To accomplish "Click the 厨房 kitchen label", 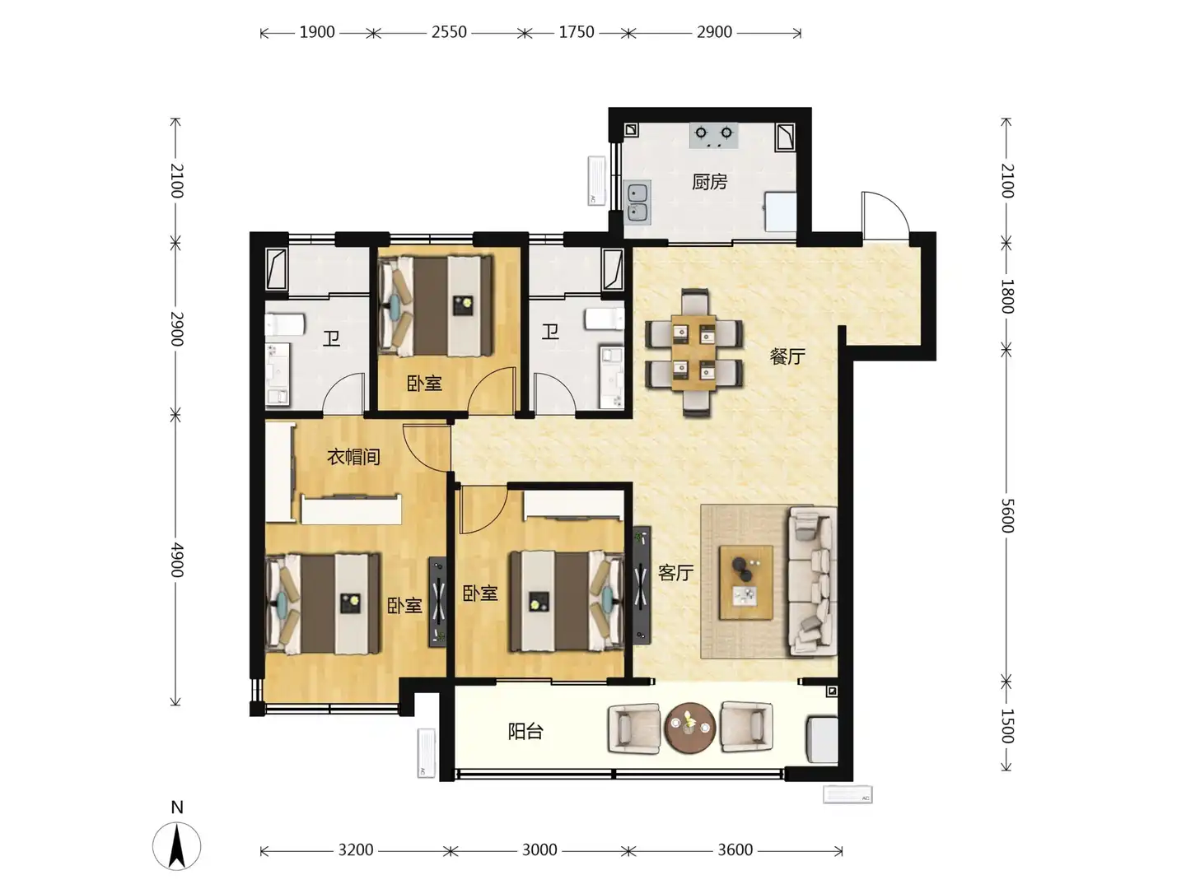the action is [709, 182].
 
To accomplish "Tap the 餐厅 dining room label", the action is [787, 356].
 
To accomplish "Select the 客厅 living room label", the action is [675, 572].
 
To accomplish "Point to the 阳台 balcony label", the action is [525, 732].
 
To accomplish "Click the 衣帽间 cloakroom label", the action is [353, 457].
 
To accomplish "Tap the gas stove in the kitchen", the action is [713, 135].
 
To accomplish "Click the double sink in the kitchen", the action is [637, 202].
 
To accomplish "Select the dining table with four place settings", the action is [693, 352].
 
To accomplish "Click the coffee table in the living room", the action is [745, 583].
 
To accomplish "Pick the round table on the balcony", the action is [689, 727].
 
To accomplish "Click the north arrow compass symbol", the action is [177, 846].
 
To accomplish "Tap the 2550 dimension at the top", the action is [449, 32].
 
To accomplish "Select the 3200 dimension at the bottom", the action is [356, 850].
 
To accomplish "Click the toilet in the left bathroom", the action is [285, 325].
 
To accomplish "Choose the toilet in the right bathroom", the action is [604, 319].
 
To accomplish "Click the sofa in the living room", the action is [813, 581].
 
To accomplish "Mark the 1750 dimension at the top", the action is [576, 32].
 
